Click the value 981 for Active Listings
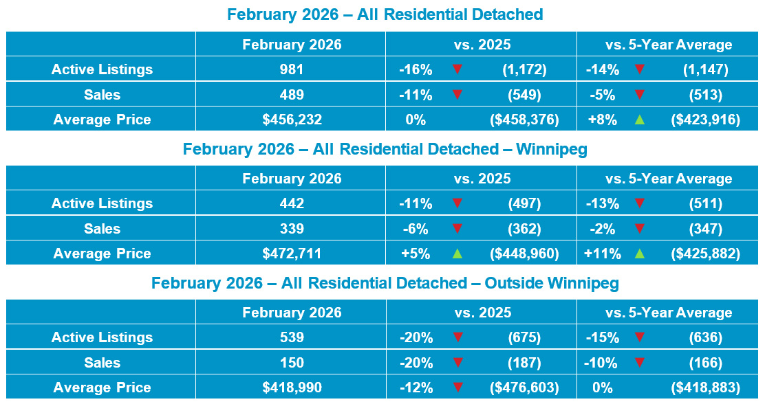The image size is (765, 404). click(292, 69)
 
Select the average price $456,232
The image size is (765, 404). click(292, 120)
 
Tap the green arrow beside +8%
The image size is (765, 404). click(640, 120)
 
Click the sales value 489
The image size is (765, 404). click(292, 95)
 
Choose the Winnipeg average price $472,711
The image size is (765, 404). click(292, 254)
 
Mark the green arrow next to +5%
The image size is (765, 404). click(457, 254)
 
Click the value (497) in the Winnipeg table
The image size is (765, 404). click(524, 203)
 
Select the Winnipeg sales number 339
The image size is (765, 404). click(292, 229)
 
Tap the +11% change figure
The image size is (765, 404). click(602, 254)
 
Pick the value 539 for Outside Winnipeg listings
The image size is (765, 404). click(292, 337)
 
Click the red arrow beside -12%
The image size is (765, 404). click(457, 388)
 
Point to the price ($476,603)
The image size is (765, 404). click(524, 388)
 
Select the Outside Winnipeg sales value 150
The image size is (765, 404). click(292, 363)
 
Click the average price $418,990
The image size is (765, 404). click(292, 388)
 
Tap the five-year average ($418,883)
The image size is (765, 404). click(705, 388)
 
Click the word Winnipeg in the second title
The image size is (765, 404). click(551, 149)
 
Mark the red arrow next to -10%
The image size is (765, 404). click(640, 363)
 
